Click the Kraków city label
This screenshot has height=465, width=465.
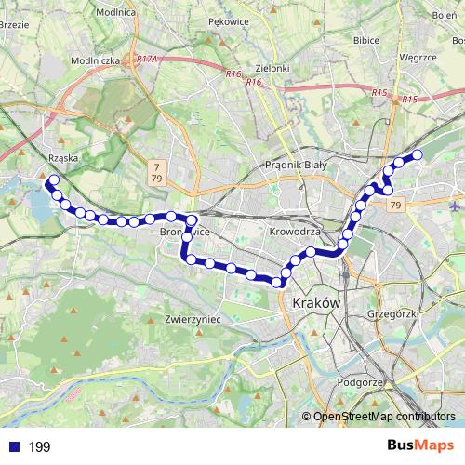pyautogui.click(x=316, y=304)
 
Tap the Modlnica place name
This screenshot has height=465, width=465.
pyautogui.click(x=114, y=13)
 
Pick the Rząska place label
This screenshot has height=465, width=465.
pyautogui.click(x=63, y=157)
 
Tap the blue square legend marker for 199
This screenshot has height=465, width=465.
pyautogui.click(x=14, y=447)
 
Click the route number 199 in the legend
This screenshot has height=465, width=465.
pyautogui.click(x=39, y=447)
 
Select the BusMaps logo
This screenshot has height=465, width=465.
pyautogui.click(x=418, y=445)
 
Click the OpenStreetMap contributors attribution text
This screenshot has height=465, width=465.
pyautogui.click(x=384, y=417)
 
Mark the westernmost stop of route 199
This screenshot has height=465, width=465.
pyautogui.click(x=53, y=179)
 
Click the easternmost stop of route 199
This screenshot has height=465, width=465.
pyautogui.click(x=418, y=154)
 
